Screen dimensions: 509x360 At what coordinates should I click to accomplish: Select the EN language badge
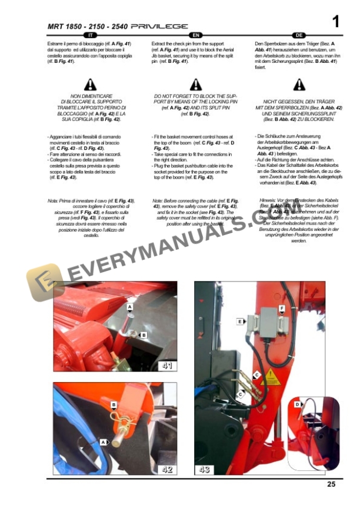[195, 36]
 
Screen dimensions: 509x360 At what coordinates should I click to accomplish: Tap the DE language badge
[299, 36]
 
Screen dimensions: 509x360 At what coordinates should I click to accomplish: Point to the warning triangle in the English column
[195, 85]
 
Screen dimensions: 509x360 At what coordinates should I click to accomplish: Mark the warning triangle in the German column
[299, 85]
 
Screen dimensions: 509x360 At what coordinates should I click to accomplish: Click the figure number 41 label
[167, 366]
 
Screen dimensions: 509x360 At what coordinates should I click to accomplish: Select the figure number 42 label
[167, 468]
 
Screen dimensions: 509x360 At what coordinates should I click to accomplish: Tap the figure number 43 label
[205, 468]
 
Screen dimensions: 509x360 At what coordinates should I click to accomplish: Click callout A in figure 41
[130, 307]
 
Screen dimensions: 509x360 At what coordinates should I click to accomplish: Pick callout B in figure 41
[143, 334]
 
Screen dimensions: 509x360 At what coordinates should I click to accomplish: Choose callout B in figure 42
[114, 405]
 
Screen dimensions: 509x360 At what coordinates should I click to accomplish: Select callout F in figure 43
[282, 308]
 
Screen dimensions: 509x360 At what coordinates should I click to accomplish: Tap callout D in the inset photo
[298, 405]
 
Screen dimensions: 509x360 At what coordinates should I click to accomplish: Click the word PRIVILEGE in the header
[159, 26]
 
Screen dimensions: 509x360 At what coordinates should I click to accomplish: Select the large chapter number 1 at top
[335, 22]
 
